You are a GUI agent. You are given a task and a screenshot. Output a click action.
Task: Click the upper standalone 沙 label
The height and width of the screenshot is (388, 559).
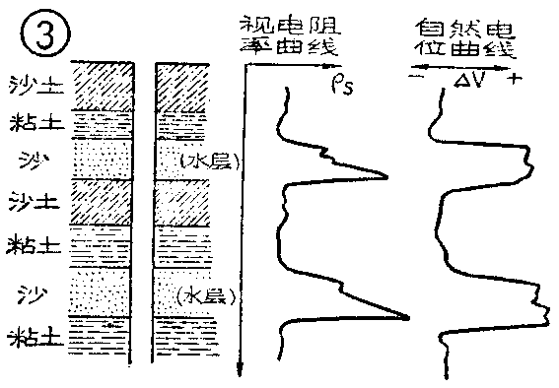tap(29, 159)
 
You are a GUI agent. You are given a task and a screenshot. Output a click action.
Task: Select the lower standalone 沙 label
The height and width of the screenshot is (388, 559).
tap(29, 292)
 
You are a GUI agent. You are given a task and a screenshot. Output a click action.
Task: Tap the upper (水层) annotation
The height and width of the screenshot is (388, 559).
tap(203, 161)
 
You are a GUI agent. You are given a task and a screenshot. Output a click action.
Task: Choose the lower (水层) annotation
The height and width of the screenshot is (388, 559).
tap(203, 294)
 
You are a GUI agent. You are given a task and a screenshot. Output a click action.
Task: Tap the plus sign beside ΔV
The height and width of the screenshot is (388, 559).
tap(514, 80)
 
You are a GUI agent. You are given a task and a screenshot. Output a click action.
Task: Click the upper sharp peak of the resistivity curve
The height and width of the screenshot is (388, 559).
tap(386, 178)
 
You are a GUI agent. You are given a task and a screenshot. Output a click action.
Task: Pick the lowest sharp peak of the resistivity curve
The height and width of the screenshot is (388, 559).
tap(408, 317)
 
